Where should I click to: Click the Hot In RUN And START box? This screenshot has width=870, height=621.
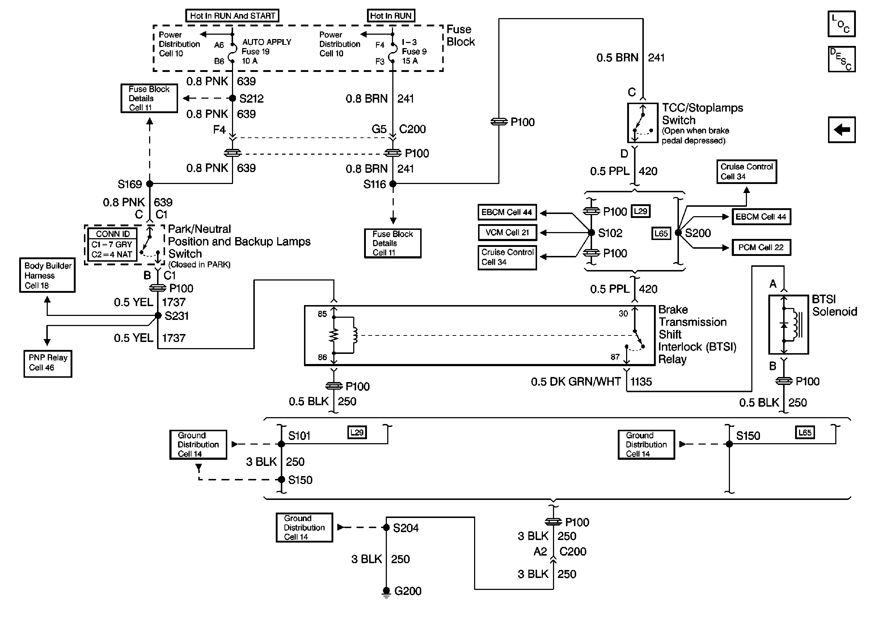pos(232,16)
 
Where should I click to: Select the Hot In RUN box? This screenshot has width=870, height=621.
pos(390,16)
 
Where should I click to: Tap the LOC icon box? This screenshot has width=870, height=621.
pos(841,24)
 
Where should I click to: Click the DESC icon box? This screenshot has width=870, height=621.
pos(841,59)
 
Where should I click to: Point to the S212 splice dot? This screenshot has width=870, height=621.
pos(232,98)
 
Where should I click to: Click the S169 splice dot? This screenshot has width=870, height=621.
pos(150,184)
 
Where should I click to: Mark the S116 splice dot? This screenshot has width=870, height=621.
pos(393,184)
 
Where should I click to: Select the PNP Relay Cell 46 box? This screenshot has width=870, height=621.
pos(48,363)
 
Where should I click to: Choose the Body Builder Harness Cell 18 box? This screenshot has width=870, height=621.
pos(47,275)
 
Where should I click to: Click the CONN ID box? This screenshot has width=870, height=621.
pos(112,245)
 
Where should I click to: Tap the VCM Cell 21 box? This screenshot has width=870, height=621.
pos(507,232)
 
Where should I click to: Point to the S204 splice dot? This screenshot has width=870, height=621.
pos(386,528)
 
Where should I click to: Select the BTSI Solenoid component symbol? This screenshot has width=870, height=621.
pos(789,325)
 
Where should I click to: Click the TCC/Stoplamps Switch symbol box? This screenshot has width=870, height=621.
pos(643,123)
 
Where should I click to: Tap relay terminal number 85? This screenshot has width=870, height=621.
pos(322,314)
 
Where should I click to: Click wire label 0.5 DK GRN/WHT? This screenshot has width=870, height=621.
pos(576,382)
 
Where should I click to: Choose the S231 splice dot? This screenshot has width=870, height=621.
pos(158,316)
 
